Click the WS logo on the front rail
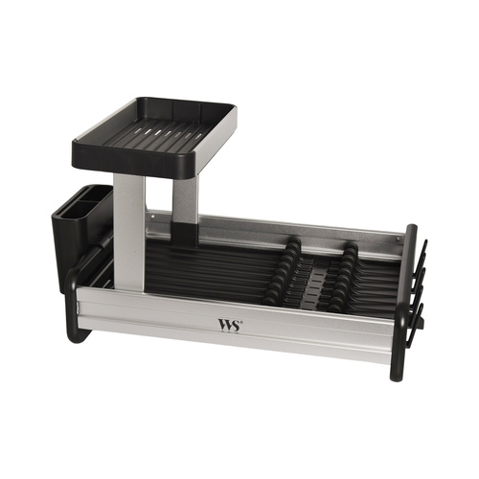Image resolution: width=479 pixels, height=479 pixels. pyautogui.click(x=229, y=326)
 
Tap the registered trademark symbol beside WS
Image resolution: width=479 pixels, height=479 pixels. pyautogui.click(x=241, y=322)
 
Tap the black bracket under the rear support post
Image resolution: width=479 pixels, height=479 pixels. pyautogui.click(x=184, y=234)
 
